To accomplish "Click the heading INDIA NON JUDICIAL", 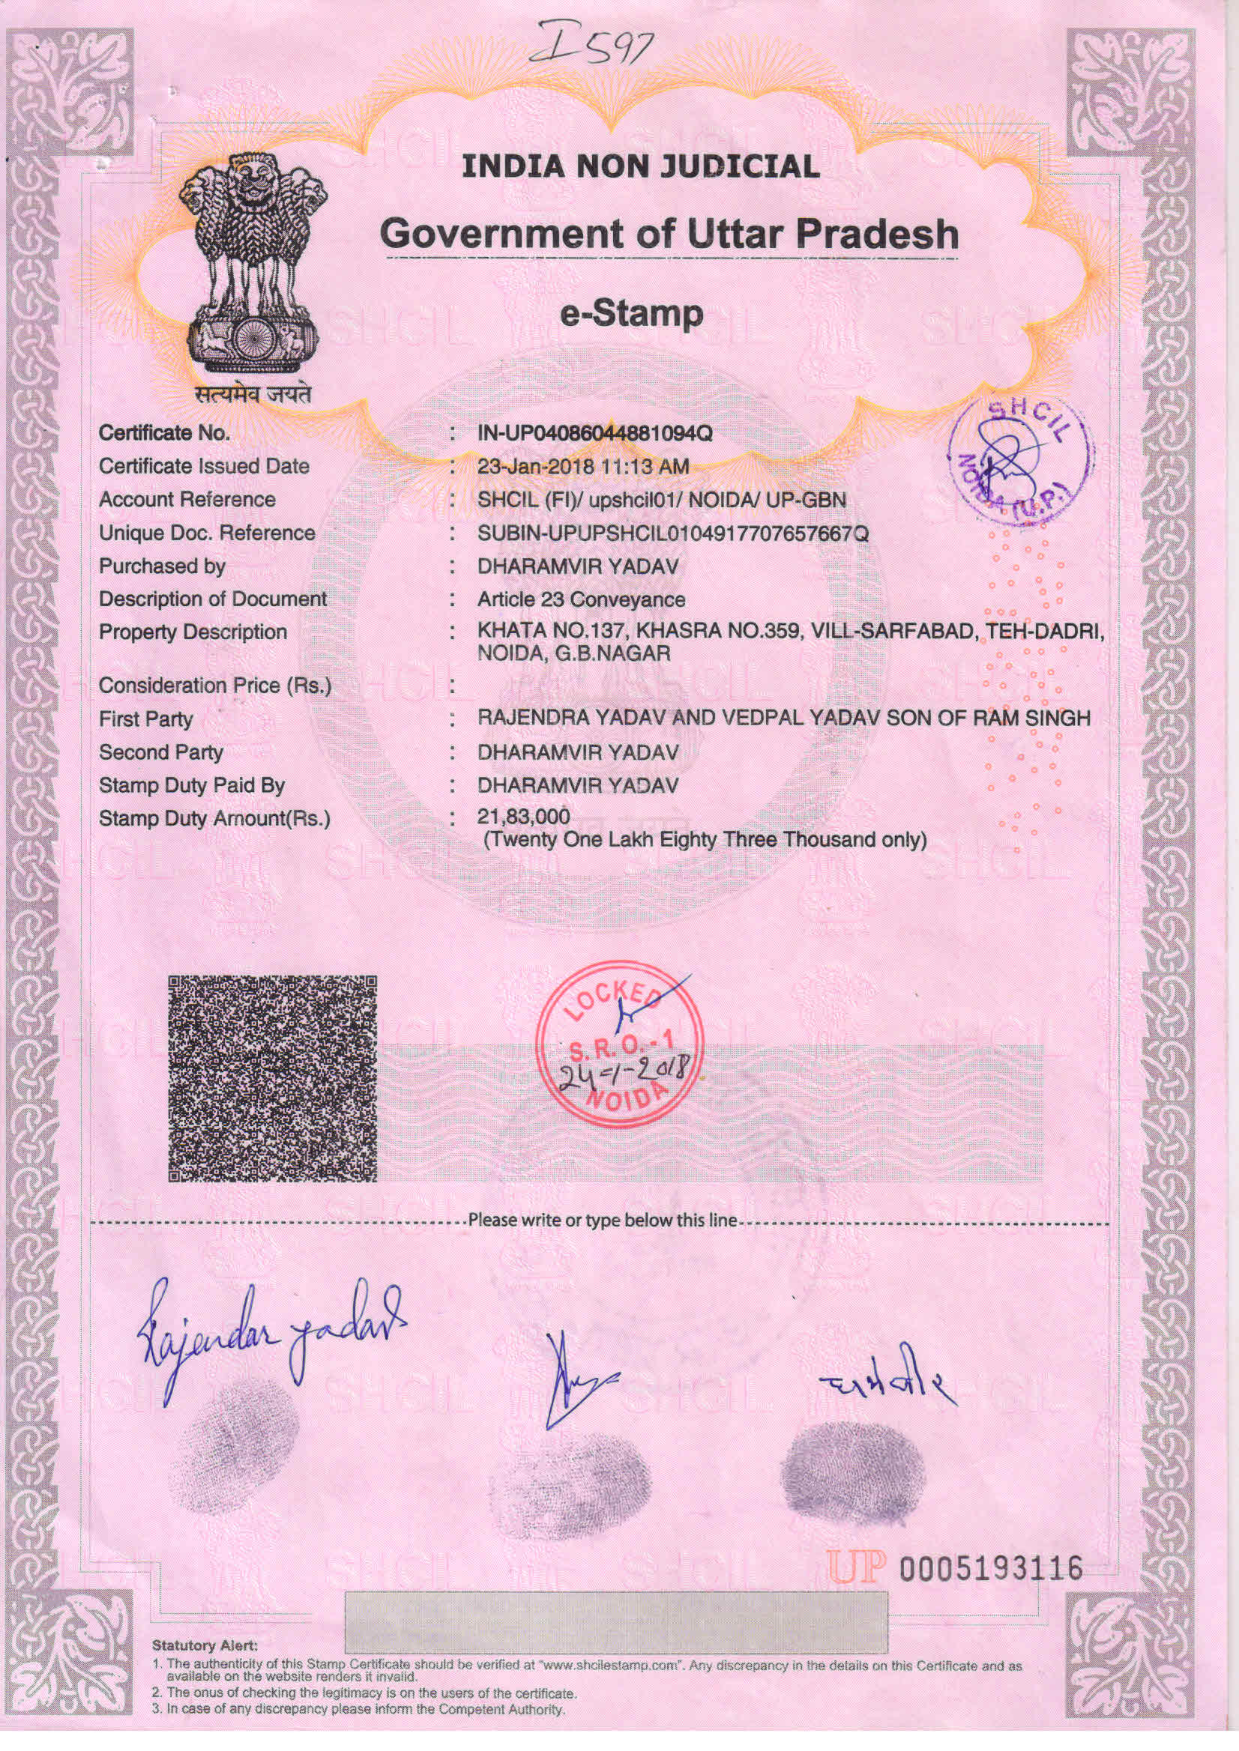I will [641, 166].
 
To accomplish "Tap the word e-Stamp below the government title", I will [631, 313].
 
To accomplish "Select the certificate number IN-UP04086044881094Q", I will [594, 433].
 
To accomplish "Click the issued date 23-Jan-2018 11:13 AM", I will [583, 466].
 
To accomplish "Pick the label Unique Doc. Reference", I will [207, 533].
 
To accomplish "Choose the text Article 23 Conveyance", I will [581, 599].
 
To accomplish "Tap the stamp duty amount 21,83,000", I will [523, 817].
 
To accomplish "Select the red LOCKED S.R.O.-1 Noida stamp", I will [619, 1042].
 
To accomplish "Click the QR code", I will [272, 1078].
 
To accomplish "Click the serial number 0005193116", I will [991, 1568].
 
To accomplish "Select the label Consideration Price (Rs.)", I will [215, 686].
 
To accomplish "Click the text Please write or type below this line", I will [603, 1221].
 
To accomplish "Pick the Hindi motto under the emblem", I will [253, 394].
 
